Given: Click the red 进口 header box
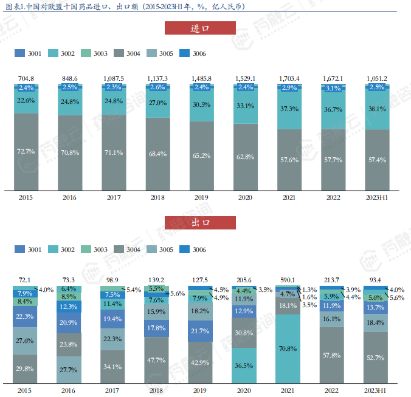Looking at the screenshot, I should (200, 28).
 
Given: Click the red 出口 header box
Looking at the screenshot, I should (200, 223).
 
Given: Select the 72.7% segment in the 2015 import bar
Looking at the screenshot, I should (26, 151).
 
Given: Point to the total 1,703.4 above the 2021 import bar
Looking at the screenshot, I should (289, 78).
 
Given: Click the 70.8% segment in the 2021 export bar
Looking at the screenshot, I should (289, 348).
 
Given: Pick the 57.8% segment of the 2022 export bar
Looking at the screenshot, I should (333, 355).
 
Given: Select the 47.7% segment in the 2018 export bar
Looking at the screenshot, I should (157, 359).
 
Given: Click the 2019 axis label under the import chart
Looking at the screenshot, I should (201, 198).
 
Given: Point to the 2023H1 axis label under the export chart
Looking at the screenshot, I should (376, 392).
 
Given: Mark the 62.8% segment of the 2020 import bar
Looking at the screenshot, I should (245, 157).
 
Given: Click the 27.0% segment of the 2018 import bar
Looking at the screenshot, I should (157, 103).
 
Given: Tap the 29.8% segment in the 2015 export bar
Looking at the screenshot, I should (26, 368).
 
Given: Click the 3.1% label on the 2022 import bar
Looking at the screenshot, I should (333, 89).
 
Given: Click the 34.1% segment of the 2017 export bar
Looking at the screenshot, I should (113, 367).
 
